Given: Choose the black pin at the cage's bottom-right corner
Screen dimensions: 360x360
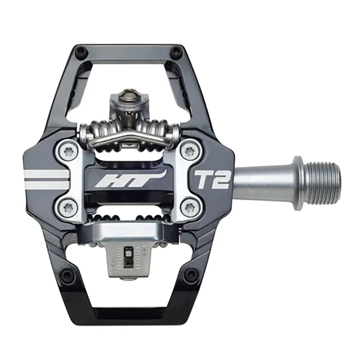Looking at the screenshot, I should point(189,273).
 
